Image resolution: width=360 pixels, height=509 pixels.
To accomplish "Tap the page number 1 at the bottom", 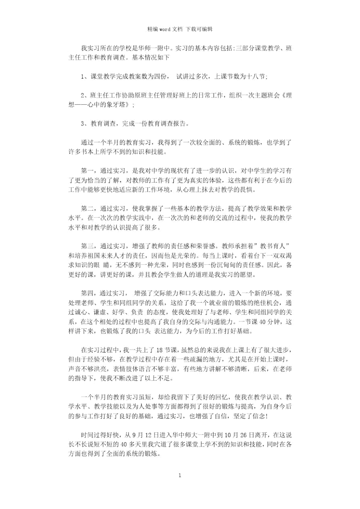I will (180, 475).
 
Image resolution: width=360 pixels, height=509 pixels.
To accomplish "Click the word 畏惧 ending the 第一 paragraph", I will (248, 190).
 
